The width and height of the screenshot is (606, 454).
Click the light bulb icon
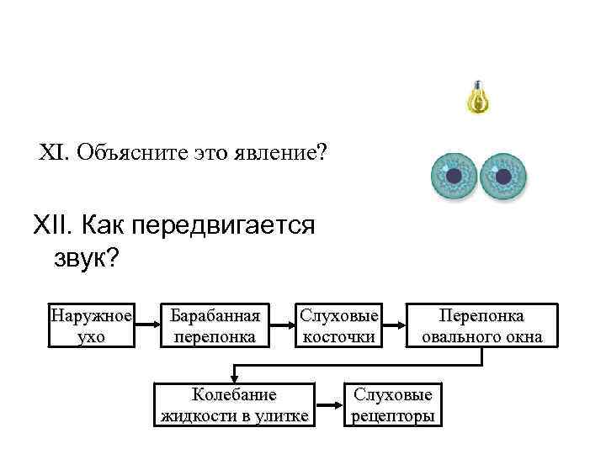478,99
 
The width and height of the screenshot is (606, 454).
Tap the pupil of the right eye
503,176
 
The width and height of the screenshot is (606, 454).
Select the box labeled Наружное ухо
91,325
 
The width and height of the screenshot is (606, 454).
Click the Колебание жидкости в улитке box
234,404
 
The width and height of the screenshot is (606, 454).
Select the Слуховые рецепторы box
393,404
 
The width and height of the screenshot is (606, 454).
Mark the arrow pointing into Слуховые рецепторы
331,404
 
